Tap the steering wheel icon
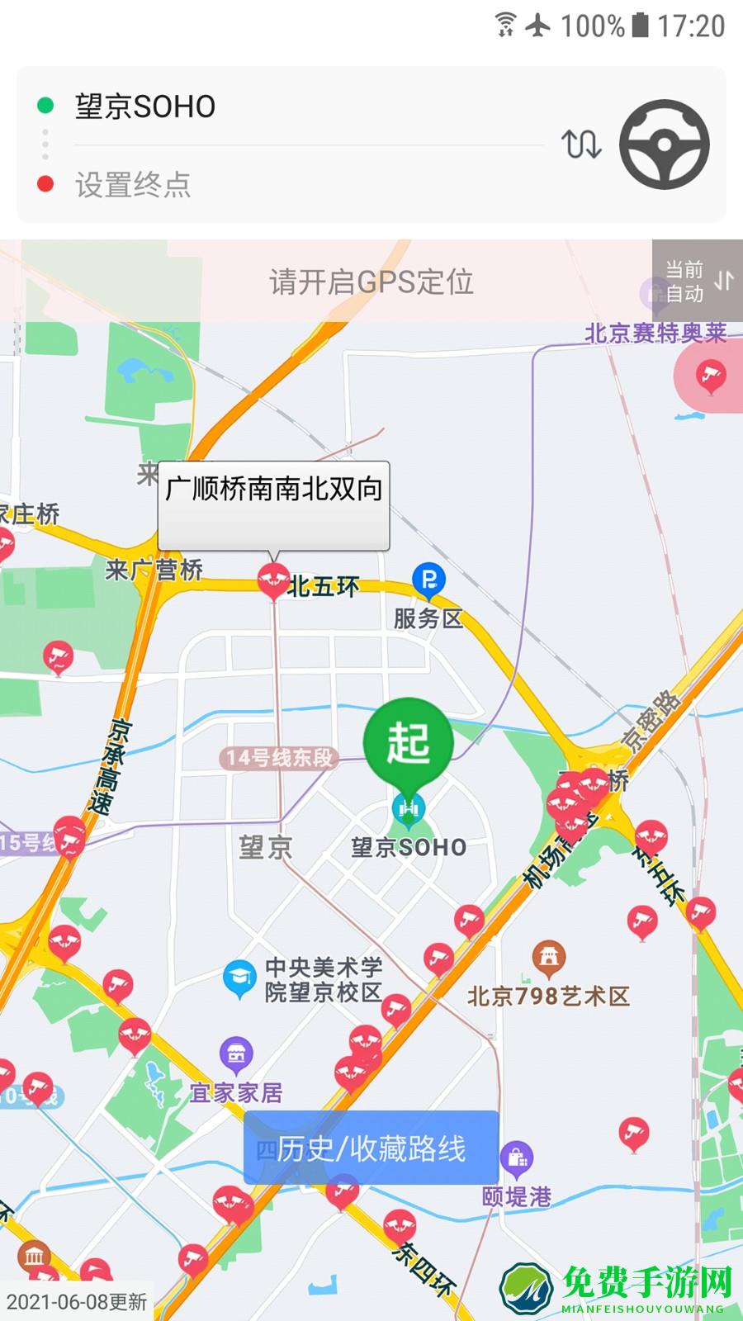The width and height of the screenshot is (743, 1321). click(x=664, y=144)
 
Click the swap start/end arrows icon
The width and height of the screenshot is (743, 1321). click(x=581, y=144)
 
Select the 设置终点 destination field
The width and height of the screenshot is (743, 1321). click(x=134, y=185)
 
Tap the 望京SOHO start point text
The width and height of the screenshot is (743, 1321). click(x=145, y=107)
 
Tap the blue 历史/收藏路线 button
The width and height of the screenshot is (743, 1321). click(x=371, y=1148)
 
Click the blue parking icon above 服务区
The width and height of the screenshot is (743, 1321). click(x=428, y=580)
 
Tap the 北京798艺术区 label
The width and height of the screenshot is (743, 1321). click(x=548, y=996)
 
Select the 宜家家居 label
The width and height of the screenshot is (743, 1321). click(x=236, y=1092)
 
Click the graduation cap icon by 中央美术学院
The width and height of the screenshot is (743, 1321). click(x=239, y=978)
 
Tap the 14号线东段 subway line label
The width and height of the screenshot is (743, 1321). click(x=280, y=757)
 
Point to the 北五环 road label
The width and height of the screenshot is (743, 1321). click(x=324, y=587)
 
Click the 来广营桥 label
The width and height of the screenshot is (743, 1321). click(x=154, y=570)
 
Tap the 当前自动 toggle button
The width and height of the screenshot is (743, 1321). click(x=698, y=281)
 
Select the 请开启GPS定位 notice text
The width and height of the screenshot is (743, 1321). click(x=371, y=282)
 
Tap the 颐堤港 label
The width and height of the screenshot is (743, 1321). click(x=517, y=1196)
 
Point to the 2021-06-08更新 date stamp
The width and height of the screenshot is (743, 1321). click(x=76, y=1302)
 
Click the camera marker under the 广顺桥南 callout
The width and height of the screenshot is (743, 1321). click(x=273, y=580)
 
